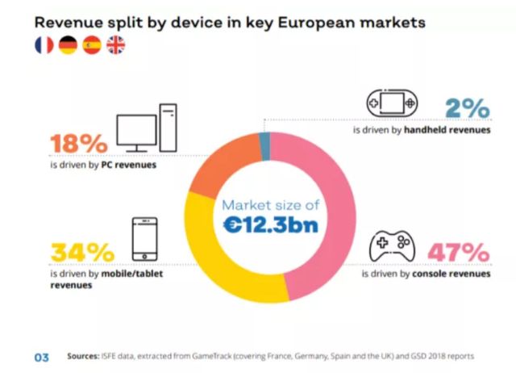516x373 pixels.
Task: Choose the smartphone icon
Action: click(144, 239)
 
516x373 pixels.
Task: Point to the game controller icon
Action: click(391, 245)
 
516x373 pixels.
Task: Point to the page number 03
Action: click(41, 356)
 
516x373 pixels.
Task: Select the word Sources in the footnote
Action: click(83, 356)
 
